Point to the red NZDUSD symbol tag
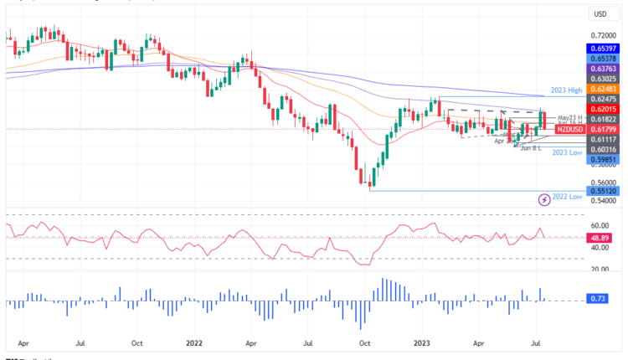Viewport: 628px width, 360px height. tap(570, 130)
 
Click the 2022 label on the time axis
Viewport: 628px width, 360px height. tap(194, 343)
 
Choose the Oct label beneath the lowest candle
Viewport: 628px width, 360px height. tap(364, 343)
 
